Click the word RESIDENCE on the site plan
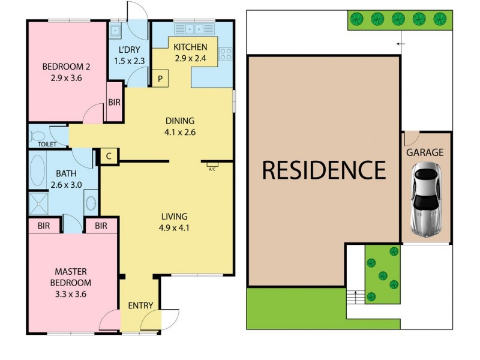point(324,170)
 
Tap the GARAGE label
point(425,152)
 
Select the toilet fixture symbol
point(37,135)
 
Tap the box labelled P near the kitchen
point(160,79)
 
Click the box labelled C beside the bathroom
point(109,156)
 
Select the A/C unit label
point(212,165)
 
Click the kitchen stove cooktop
point(226,54)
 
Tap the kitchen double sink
point(195,28)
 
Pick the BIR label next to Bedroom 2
point(114,103)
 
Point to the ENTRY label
point(141,305)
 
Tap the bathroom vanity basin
point(91,202)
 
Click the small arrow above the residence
point(400,44)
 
